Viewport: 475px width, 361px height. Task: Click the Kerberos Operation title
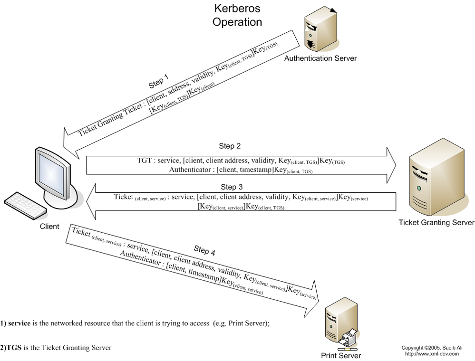(237, 15)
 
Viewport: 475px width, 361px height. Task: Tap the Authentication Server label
(320, 58)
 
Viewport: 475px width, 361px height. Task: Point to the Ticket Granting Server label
(436, 222)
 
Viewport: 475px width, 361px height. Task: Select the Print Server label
(340, 355)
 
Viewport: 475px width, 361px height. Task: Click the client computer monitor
(53, 171)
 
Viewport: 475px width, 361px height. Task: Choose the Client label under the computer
(50, 227)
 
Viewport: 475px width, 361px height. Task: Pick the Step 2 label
(233, 146)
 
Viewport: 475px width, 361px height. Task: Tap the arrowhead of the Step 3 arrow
(91, 201)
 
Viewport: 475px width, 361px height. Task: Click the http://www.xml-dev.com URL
(432, 353)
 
